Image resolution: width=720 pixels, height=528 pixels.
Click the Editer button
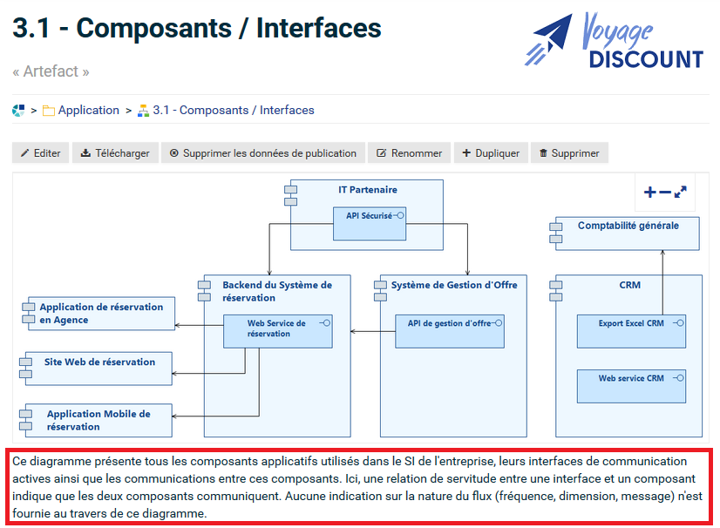click(40, 153)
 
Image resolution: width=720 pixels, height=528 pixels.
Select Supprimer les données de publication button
click(262, 153)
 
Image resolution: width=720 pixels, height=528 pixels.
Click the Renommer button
click(409, 153)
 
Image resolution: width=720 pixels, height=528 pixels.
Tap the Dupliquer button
click(491, 153)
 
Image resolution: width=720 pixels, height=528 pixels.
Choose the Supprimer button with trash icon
click(568, 153)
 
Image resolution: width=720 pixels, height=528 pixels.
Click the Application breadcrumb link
click(88, 111)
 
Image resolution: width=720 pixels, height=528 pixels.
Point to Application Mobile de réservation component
click(98, 420)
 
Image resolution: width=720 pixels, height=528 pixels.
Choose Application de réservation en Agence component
click(98, 314)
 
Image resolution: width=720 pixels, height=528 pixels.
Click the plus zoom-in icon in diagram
click(649, 193)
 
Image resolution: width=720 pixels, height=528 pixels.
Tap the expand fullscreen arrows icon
click(681, 193)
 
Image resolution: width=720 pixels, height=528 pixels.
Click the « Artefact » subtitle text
click(51, 71)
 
